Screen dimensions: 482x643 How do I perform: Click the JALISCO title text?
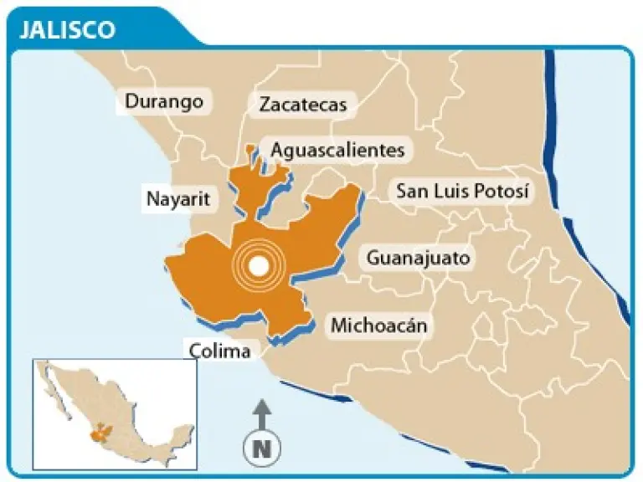coord(67,29)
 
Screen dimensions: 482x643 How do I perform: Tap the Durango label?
coord(164,102)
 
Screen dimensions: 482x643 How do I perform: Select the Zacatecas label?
coord(302,105)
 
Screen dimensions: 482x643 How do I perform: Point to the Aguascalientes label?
coord(337,150)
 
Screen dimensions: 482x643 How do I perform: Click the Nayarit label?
coord(177,200)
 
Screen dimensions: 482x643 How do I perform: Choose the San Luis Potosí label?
coord(463,192)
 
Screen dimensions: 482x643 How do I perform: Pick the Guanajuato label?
coord(419,258)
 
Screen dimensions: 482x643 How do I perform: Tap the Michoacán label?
coord(378,326)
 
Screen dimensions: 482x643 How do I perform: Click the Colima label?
coord(220,351)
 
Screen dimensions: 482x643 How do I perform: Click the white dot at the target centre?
coord(260,266)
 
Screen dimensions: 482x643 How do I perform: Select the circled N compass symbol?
coord(261,448)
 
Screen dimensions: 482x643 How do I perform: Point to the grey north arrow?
coord(261,413)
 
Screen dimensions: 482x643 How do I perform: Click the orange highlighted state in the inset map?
coord(101,434)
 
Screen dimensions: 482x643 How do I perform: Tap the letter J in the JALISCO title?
coord(23,29)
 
